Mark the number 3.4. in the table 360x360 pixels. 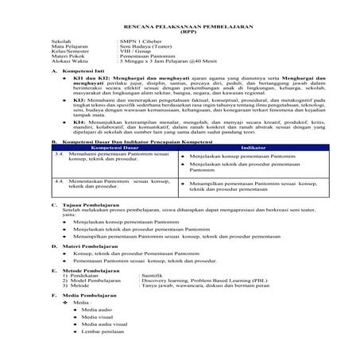57,154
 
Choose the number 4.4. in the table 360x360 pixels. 57,180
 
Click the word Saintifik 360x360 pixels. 155,276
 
